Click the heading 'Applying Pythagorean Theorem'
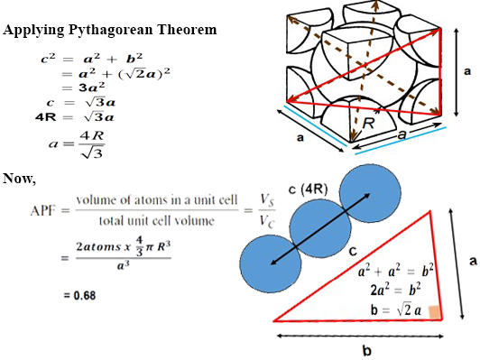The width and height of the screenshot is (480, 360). pyautogui.click(x=110, y=31)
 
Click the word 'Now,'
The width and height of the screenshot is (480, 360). pyautogui.click(x=20, y=177)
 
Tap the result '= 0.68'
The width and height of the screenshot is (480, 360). pyautogui.click(x=78, y=295)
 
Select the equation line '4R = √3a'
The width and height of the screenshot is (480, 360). pyautogui.click(x=75, y=117)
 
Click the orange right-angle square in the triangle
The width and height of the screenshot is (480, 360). pyautogui.click(x=436, y=312)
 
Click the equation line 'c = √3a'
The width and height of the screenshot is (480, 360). pyautogui.click(x=78, y=103)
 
